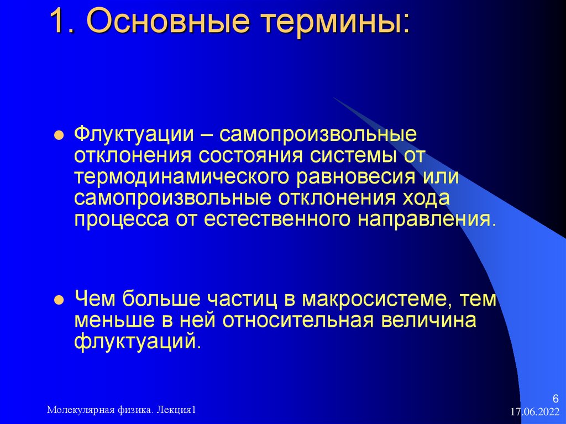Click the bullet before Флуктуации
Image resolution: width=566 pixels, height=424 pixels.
pos(58,136)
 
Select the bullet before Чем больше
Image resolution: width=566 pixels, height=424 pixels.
pos(58,300)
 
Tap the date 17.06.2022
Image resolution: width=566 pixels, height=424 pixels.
pos(535,412)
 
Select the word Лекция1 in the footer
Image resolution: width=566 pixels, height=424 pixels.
pos(177,410)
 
